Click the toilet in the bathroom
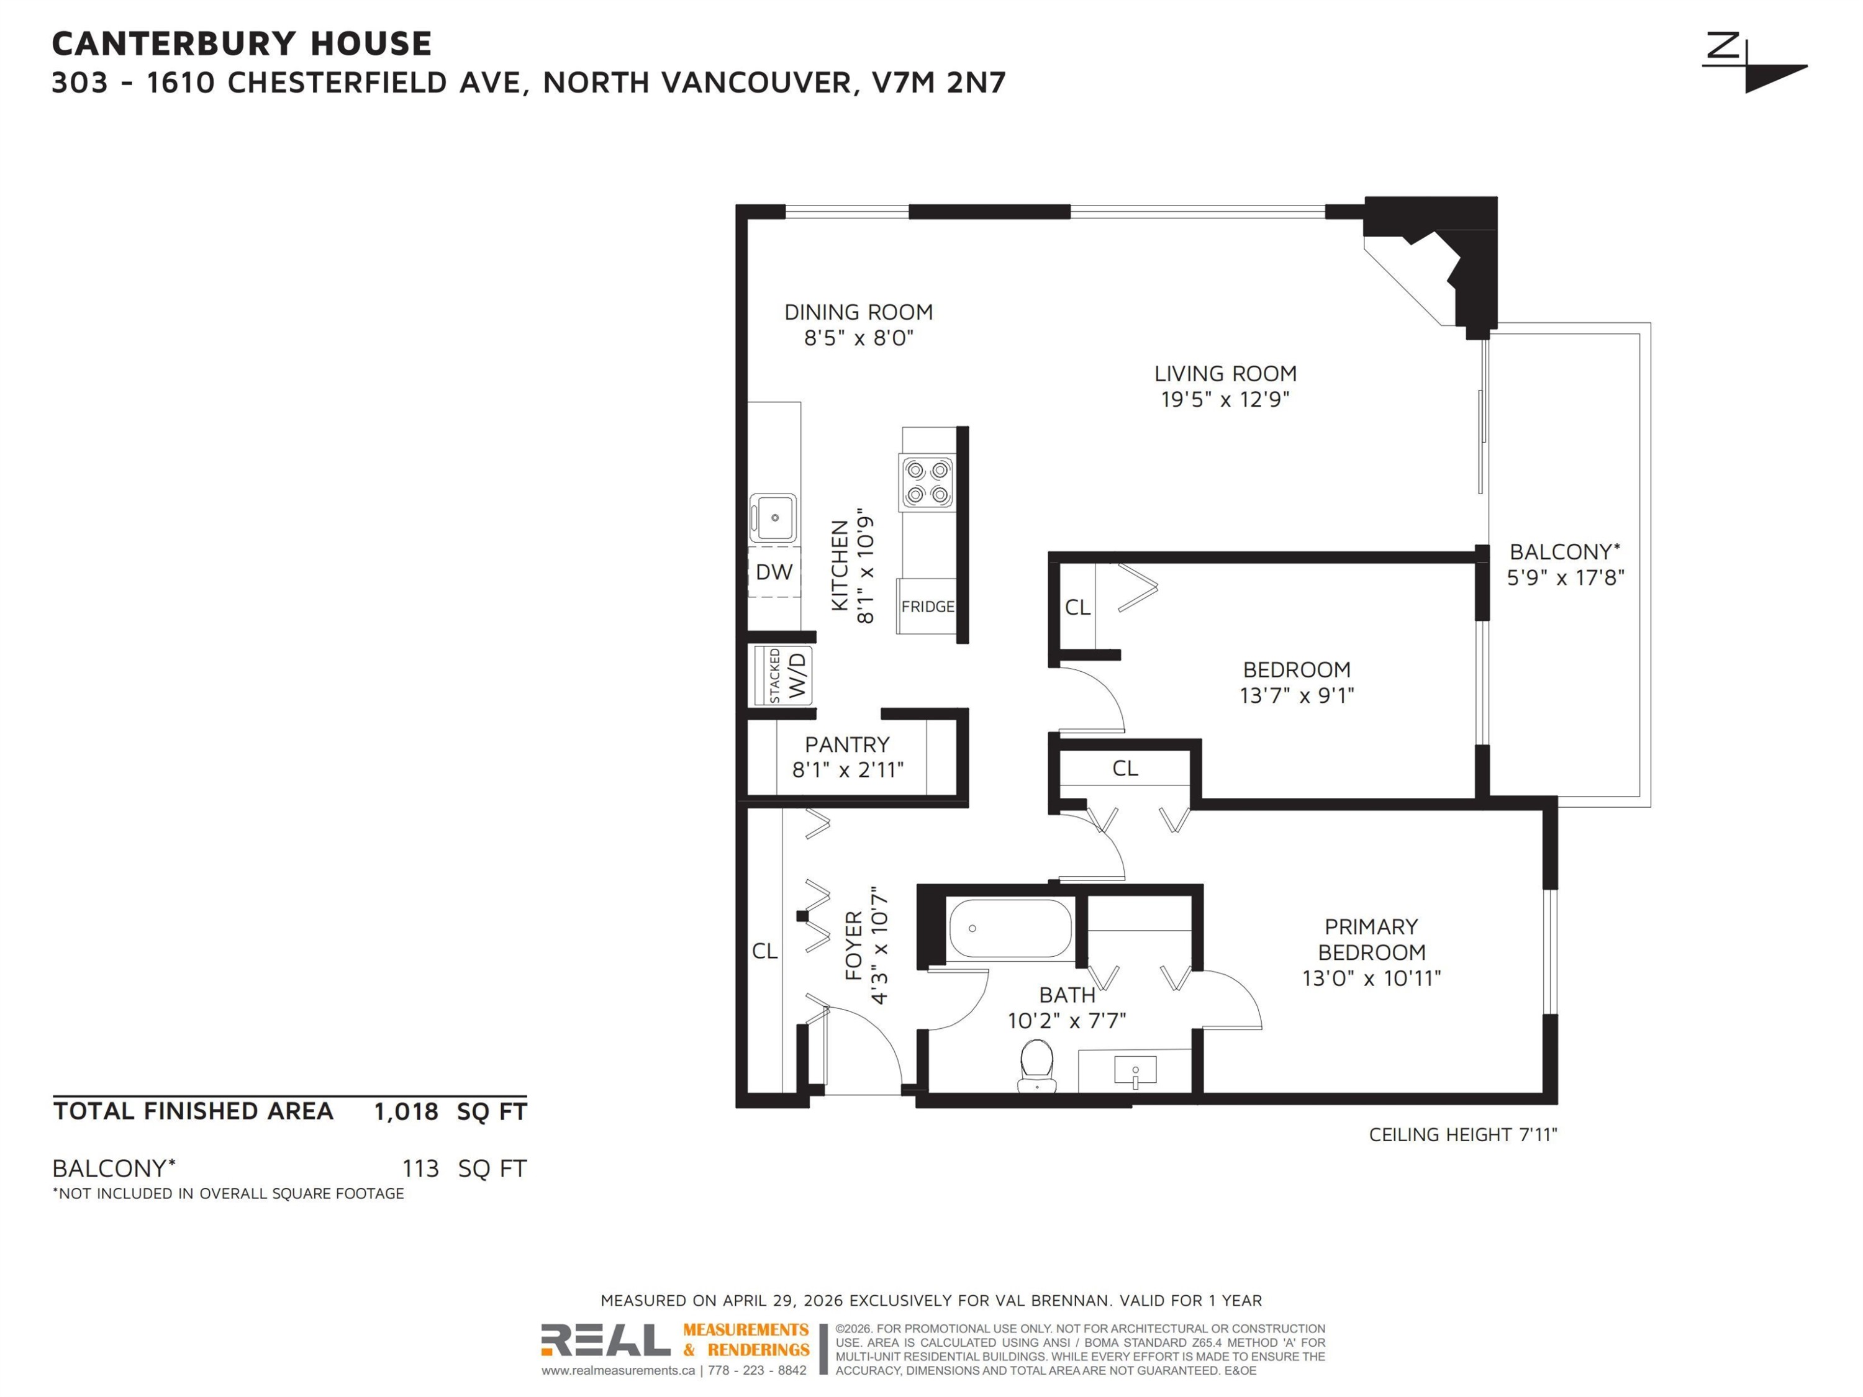[x=1037, y=1066]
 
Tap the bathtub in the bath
[x=1010, y=929]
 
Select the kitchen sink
[x=773, y=518]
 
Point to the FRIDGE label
[x=927, y=606]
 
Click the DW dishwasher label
[x=774, y=572]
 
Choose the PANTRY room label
[x=847, y=744]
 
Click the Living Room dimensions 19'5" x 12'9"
[x=1225, y=399]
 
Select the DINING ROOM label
[x=858, y=312]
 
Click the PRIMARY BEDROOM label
[x=1371, y=940]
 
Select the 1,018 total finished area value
[x=406, y=1111]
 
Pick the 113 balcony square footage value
[x=420, y=1169]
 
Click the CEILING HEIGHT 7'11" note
[x=1463, y=1134]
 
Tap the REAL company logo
[x=605, y=1340]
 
